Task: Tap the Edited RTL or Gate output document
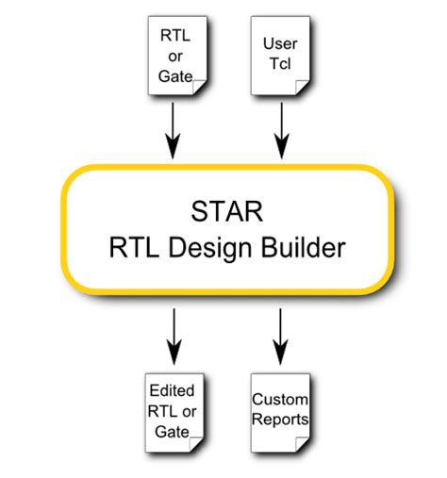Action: point(173,407)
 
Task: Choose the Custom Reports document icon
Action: point(279,407)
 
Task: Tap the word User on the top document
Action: point(279,44)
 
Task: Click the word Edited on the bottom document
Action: point(172,387)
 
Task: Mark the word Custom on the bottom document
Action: point(279,399)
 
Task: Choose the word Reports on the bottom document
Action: point(279,416)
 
